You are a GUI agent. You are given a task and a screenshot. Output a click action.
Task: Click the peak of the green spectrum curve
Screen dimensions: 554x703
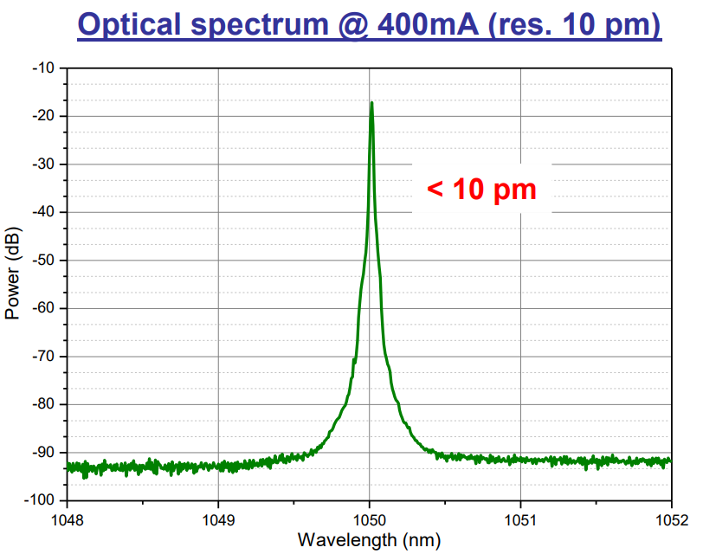(x=371, y=103)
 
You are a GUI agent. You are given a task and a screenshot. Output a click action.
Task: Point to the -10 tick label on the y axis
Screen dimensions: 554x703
(x=42, y=68)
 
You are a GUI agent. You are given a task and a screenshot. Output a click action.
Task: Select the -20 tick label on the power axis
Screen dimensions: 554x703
(x=42, y=116)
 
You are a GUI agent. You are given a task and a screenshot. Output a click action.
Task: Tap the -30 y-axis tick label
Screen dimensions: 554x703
(x=42, y=164)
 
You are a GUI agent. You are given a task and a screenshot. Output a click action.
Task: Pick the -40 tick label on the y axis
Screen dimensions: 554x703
(x=42, y=212)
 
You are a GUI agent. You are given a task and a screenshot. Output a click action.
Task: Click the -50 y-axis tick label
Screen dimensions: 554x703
(x=42, y=261)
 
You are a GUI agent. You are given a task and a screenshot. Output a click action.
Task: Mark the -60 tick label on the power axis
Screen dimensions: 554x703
(x=42, y=308)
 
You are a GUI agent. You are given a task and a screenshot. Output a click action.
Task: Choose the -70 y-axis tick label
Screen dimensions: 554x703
(x=42, y=357)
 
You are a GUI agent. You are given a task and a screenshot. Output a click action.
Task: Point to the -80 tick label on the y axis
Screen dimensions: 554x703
(x=42, y=404)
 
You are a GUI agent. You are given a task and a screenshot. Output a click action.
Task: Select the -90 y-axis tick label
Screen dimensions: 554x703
(x=42, y=453)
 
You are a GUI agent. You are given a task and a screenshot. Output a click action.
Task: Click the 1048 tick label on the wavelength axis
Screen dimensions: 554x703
(x=68, y=520)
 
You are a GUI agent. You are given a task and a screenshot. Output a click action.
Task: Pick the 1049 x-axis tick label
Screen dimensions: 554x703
(x=218, y=520)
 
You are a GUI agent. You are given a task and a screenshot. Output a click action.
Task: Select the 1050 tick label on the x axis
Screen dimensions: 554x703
(x=370, y=520)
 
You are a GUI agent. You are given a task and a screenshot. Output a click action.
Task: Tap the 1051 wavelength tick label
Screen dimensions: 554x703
(x=520, y=520)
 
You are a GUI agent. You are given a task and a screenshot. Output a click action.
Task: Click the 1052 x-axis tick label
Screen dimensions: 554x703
(x=671, y=520)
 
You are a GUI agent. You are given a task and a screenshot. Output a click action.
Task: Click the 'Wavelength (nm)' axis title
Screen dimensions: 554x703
(x=369, y=541)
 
